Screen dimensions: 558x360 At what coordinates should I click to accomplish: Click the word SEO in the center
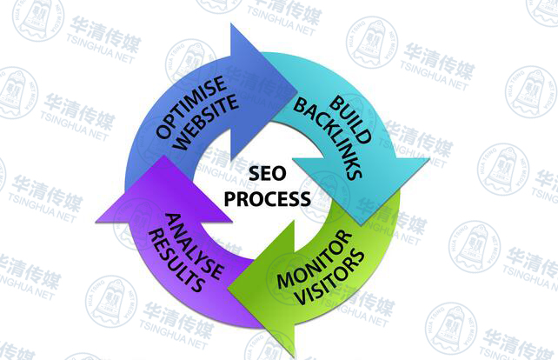coord(267,174)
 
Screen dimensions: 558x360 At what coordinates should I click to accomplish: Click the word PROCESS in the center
coord(267,198)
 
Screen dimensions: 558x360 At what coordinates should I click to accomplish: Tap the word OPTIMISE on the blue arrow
coord(191,107)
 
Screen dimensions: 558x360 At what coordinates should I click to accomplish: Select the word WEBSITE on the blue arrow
coord(207,122)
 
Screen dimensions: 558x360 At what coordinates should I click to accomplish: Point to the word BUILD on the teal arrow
coord(350,120)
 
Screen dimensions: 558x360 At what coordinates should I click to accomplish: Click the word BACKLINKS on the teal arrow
coord(328,139)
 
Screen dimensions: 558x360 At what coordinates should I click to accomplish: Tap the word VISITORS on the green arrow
coord(330,277)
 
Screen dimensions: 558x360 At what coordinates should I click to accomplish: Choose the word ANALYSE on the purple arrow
coord(195,246)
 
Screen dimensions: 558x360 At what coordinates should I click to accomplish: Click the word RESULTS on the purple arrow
coord(176,261)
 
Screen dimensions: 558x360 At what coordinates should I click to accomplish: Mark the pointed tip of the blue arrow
coord(296,90)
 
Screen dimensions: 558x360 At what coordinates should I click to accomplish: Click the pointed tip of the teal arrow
coord(362,225)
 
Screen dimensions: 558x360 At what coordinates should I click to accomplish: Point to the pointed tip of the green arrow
coord(229,287)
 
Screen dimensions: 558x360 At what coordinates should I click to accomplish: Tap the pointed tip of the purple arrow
coord(163,156)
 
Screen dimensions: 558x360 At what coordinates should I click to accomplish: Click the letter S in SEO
coord(255,174)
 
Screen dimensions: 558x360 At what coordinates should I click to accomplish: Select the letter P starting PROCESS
coord(230,198)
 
